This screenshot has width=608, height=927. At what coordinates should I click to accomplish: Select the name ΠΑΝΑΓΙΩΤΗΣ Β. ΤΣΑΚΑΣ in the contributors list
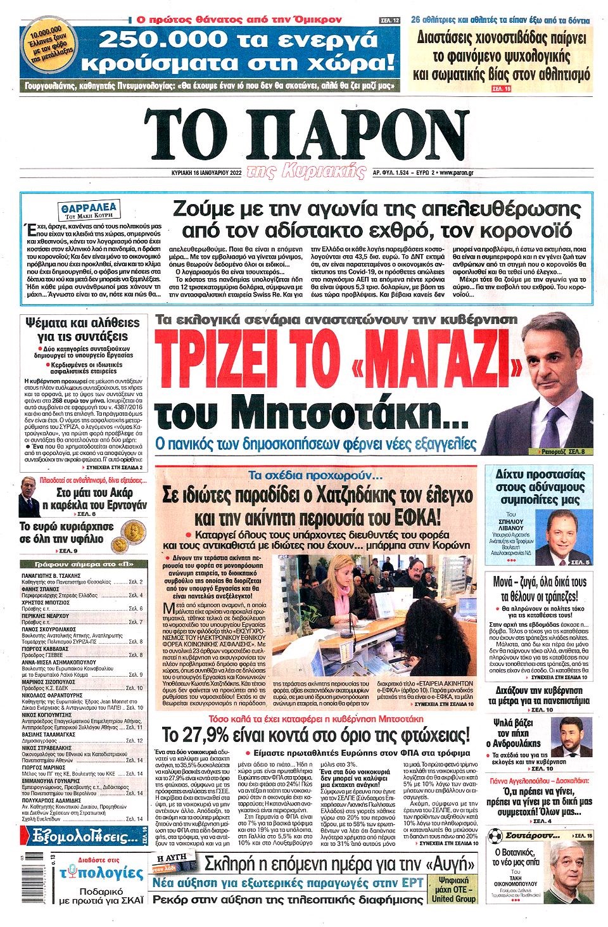[x=52, y=575]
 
